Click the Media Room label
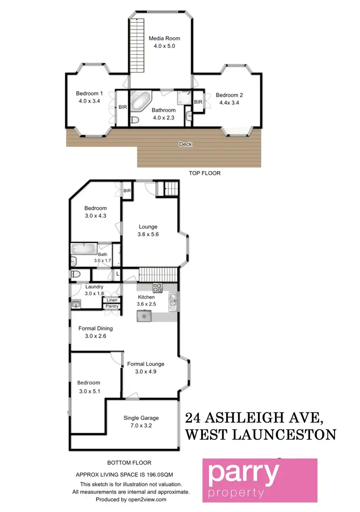pyautogui.click(x=160, y=38)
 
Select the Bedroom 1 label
pyautogui.click(x=89, y=94)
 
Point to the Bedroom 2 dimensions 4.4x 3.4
pyautogui.click(x=229, y=102)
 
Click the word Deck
pyautogui.click(x=185, y=144)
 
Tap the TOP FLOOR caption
pyautogui.click(x=204, y=173)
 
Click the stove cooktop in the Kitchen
pyautogui.click(x=157, y=288)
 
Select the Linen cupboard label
pyautogui.click(x=111, y=300)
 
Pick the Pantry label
pyautogui.click(x=111, y=306)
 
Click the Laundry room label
pyautogui.click(x=94, y=287)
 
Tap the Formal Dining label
pyautogui.click(x=96, y=329)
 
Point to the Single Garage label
pyautogui.click(x=141, y=418)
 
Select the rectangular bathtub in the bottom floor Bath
pyautogui.click(x=84, y=249)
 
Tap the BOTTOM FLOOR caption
pyautogui.click(x=129, y=463)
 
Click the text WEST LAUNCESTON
pyautogui.click(x=260, y=435)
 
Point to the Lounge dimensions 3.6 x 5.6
pyautogui.click(x=148, y=234)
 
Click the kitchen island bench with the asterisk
pyautogui.click(x=144, y=317)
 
